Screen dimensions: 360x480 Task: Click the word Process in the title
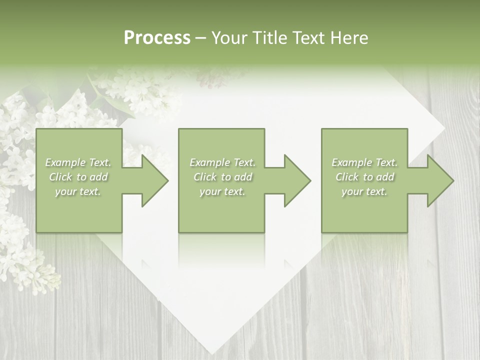point(157,38)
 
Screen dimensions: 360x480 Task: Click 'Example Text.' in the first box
point(78,162)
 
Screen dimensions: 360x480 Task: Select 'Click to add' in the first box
point(78,177)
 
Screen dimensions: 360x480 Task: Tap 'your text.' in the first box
point(78,191)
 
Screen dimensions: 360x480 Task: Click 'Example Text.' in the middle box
point(222,162)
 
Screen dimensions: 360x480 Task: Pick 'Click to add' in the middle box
point(222,177)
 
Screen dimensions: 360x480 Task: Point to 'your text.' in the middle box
point(222,191)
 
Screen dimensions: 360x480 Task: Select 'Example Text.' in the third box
point(364,162)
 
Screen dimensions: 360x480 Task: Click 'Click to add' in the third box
point(364,177)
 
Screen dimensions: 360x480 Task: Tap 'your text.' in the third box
point(364,191)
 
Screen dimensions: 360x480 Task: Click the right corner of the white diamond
point(444,131)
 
